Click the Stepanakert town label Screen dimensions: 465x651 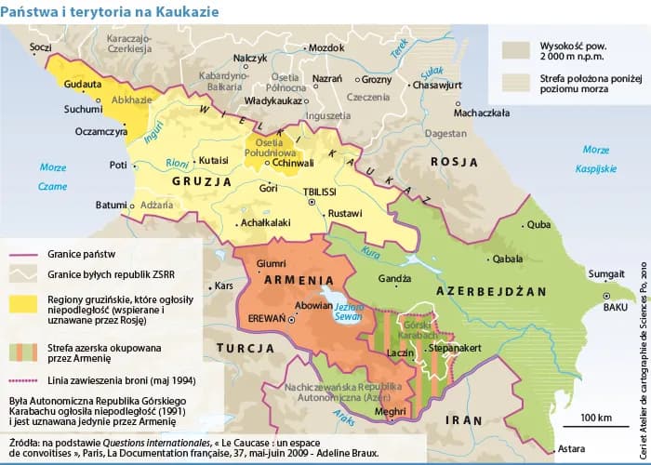[455, 346]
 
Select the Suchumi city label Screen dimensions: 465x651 [57, 108]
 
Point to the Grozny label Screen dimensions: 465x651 [377, 78]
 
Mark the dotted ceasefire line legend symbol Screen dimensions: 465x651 [23, 379]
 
